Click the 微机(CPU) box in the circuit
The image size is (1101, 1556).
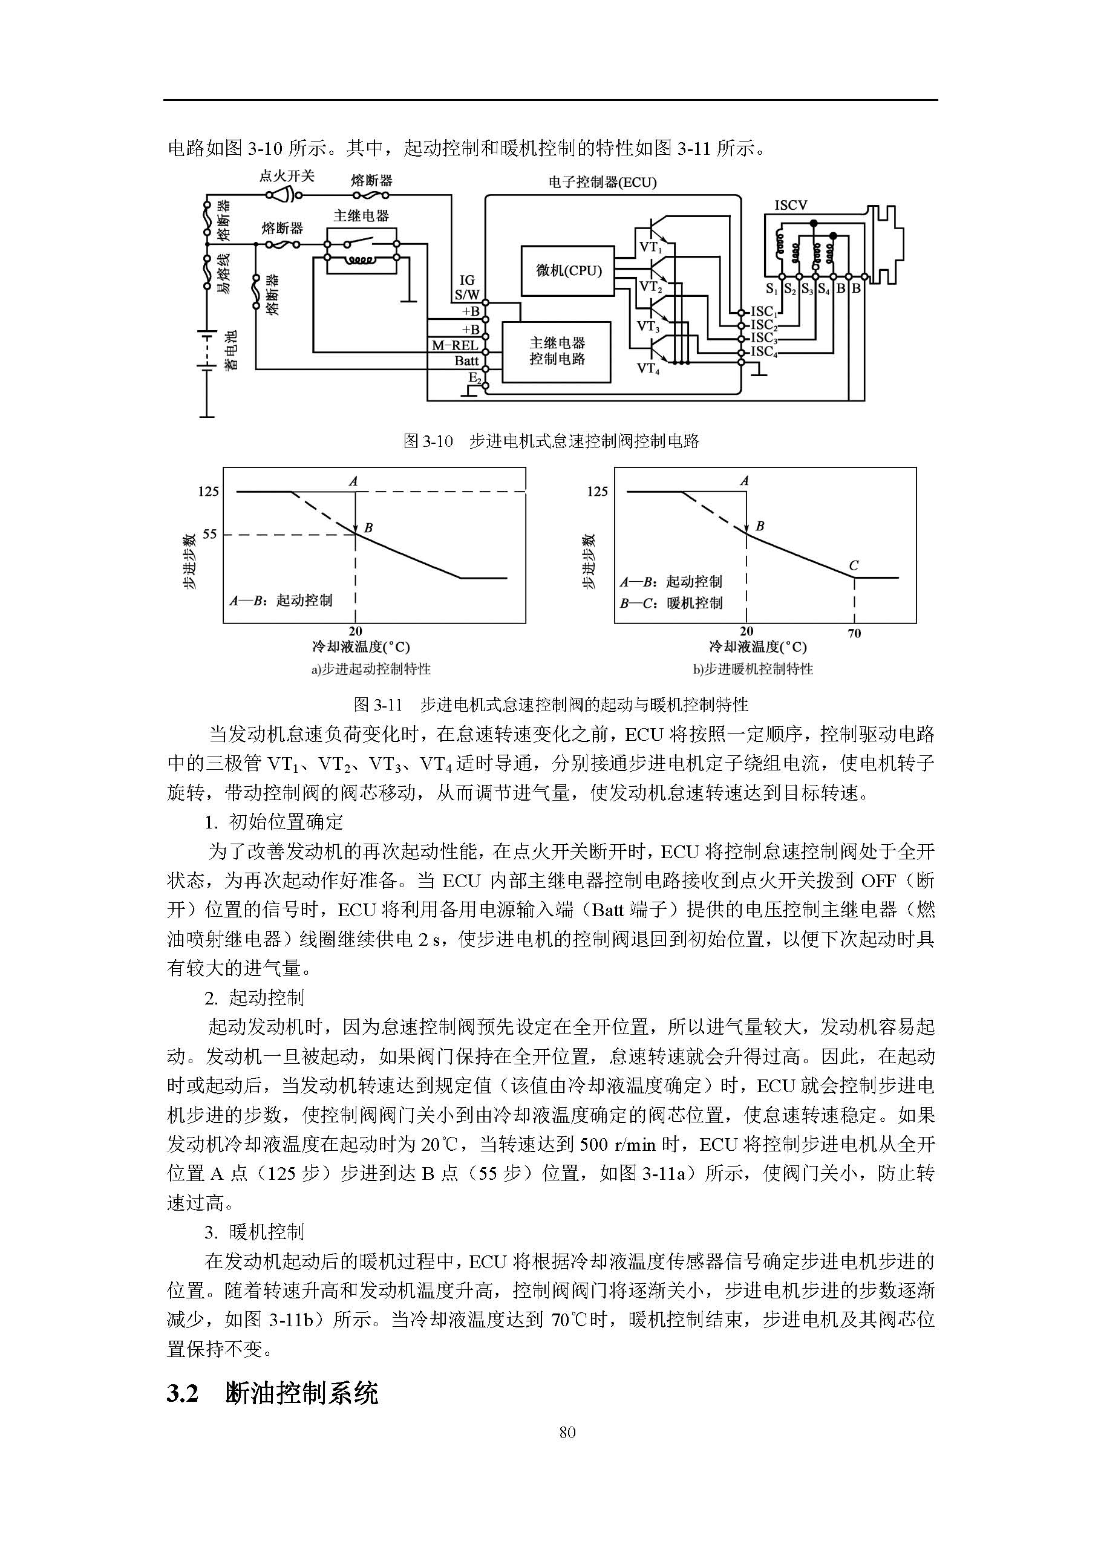coord(567,271)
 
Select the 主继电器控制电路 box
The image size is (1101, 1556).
coord(557,351)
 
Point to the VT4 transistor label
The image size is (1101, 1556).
coord(647,369)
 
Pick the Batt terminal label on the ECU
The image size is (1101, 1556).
coord(466,361)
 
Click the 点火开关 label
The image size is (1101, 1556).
coord(287,176)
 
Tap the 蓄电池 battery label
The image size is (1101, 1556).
coord(231,350)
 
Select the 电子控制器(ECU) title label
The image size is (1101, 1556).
coord(602,182)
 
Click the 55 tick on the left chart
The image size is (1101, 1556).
coord(209,534)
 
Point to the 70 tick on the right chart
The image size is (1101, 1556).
coord(854,634)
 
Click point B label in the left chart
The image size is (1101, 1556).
coord(369,527)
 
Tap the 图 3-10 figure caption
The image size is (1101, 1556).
coord(550,441)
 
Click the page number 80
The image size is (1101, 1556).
coord(567,1432)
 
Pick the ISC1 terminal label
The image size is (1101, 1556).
coord(763,311)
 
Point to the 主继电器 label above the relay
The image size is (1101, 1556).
coord(361,216)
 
